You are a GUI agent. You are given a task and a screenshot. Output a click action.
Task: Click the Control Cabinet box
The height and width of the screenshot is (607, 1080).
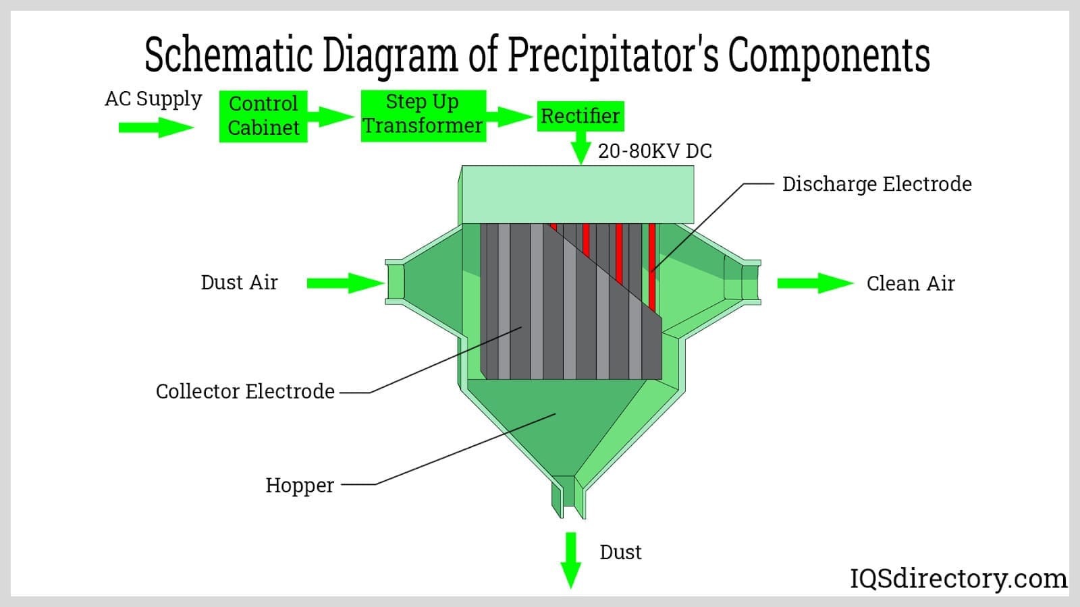coord(263,116)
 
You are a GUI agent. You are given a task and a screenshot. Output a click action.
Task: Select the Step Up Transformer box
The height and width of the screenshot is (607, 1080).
coord(423,115)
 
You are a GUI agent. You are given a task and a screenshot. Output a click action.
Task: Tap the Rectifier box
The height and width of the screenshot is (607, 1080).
coord(580,116)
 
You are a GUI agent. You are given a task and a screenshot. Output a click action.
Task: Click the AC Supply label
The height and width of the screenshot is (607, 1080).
coord(153,99)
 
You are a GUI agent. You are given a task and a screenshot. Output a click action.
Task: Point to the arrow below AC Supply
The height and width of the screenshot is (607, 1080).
coord(156,127)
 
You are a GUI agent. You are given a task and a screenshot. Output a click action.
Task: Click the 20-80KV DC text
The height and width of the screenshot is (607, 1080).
coord(655,151)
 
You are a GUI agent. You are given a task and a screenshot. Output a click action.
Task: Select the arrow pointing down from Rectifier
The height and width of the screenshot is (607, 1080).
coord(580,147)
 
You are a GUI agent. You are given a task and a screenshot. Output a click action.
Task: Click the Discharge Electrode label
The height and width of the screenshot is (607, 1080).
coord(876,184)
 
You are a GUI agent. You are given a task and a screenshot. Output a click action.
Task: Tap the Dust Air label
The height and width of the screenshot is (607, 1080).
coord(239,283)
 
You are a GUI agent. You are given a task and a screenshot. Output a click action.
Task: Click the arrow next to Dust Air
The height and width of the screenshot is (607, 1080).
coord(345,283)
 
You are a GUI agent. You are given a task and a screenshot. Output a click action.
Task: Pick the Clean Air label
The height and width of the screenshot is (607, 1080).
coord(910,283)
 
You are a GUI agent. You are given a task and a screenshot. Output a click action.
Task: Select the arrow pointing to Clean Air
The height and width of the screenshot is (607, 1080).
coord(815,283)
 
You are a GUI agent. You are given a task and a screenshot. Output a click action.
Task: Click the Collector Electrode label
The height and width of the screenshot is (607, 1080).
coord(245,391)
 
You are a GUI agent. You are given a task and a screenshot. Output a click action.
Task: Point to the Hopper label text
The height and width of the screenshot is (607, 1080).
coord(299,485)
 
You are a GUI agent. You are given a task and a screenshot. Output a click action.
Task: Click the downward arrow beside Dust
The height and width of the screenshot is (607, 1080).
coord(571,560)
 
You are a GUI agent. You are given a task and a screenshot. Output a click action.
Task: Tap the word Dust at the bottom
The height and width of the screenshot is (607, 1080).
coord(620,552)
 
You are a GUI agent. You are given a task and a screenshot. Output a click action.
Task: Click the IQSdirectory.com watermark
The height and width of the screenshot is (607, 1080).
coord(958,579)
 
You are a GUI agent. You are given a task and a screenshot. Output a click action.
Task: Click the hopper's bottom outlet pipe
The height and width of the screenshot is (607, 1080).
coord(568,496)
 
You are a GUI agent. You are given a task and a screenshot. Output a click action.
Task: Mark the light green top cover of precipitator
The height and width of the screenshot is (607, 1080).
coord(578,194)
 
